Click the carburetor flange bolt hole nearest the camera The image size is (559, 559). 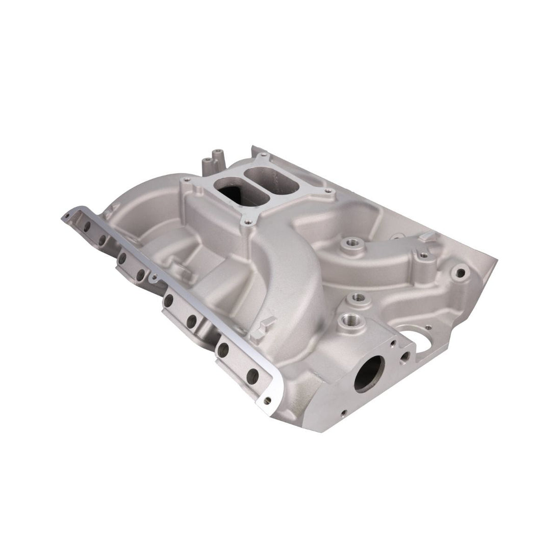246,221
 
